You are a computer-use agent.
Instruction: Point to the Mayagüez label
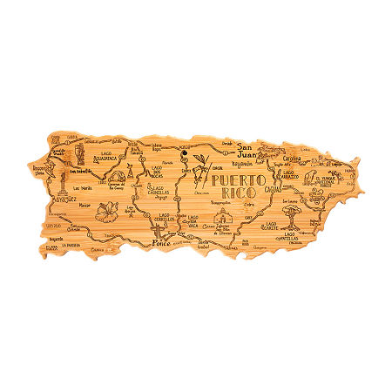point(41,199)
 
